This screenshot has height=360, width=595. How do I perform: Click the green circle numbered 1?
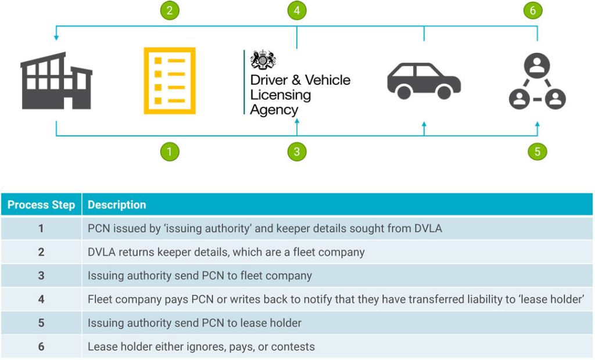170,152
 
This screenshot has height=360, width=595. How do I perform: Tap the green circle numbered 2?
170,10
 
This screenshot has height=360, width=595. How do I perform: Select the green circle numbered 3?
297,152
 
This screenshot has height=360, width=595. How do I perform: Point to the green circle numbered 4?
297,10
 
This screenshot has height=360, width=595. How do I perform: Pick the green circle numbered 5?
537,152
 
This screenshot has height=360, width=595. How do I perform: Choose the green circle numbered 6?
533,10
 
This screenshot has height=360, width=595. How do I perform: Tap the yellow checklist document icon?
170,81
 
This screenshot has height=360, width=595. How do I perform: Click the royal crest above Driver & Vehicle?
263,60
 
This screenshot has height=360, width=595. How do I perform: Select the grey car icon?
424,81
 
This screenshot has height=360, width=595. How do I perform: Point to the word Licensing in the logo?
281,95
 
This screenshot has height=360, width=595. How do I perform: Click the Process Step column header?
41,205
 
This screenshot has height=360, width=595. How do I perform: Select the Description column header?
117,205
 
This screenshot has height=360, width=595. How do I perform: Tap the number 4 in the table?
41,299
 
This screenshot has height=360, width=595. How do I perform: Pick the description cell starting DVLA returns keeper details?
226,252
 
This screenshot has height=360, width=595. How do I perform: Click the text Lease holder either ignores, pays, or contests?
201,347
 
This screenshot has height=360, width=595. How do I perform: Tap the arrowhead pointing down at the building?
56,38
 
